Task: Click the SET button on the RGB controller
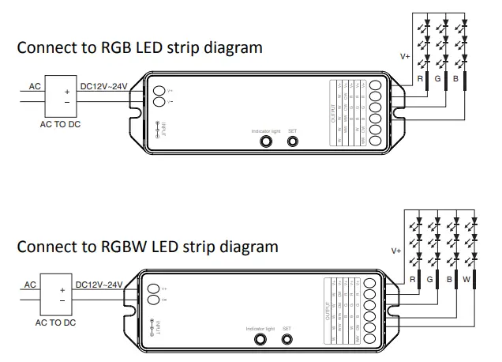[x=293, y=141]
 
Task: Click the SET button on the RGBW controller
[x=287, y=340]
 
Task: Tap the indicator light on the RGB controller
[x=266, y=141]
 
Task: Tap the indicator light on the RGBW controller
[x=258, y=340]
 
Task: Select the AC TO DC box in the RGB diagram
[x=60, y=96]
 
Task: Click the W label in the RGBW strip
[x=467, y=279]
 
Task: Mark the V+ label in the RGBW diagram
[x=396, y=251]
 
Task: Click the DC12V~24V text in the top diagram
[x=103, y=86]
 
